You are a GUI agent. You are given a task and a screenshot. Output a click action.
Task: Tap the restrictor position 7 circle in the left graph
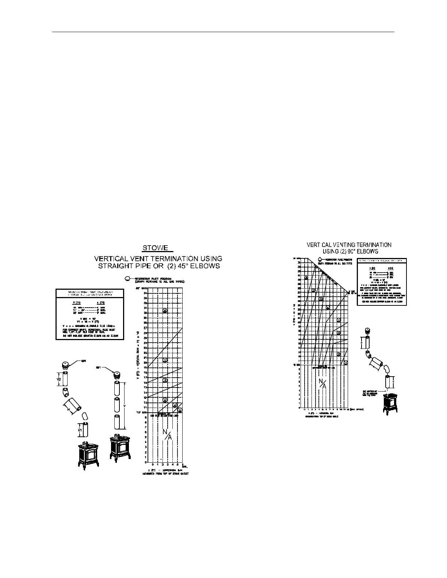pyautogui.click(x=165, y=360)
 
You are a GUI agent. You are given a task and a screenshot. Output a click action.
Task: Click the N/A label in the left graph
pyautogui.click(x=167, y=434)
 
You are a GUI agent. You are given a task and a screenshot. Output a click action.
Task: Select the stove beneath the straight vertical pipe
pyautogui.click(x=121, y=446)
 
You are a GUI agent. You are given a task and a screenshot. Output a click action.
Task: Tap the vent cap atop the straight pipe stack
pyautogui.click(x=117, y=375)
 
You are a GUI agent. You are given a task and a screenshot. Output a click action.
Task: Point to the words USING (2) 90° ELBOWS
pyautogui.click(x=350, y=251)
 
